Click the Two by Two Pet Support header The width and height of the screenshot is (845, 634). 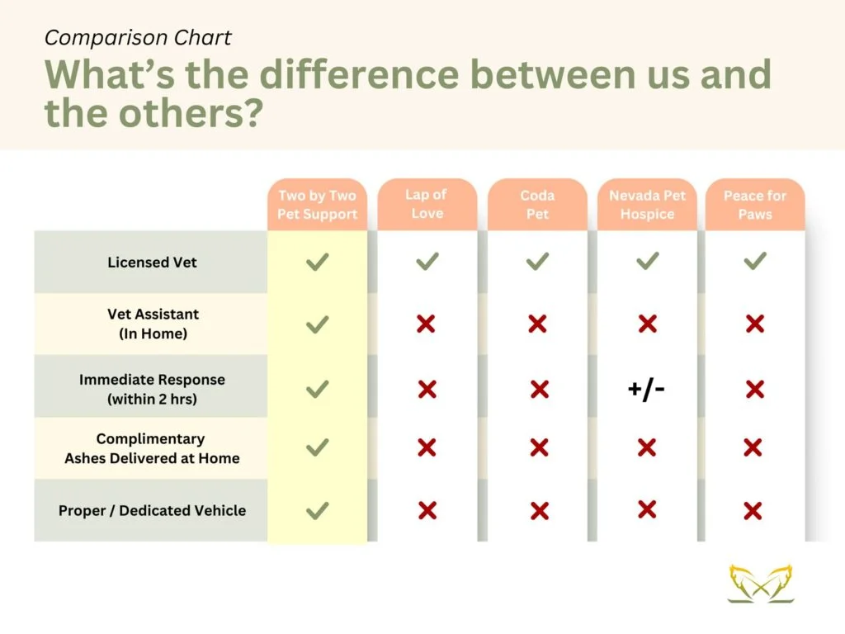pos(318,205)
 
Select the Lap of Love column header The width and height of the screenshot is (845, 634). pos(427,204)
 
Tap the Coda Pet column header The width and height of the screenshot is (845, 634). pos(537,205)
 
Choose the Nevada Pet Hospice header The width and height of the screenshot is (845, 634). pos(647,205)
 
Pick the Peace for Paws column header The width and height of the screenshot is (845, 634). pos(755,205)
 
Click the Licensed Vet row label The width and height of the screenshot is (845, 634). pos(152,263)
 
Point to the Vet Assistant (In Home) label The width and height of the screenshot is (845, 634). pos(153,324)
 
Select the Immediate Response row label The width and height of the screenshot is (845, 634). pos(152,390)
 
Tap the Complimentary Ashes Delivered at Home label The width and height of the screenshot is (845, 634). pos(152,448)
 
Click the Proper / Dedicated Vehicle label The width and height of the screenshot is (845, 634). pos(152,510)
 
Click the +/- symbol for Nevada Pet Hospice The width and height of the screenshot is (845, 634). pos(646,389)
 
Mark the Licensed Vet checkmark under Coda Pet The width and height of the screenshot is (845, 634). pos(537,262)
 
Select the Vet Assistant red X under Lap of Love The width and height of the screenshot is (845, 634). pos(426,324)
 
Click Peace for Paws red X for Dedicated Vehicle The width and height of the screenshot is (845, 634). pos(753,510)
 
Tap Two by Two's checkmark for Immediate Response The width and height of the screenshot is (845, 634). pos(318,390)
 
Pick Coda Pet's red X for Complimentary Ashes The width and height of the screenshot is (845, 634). pos(539,447)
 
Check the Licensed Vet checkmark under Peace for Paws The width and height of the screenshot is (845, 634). pos(755,262)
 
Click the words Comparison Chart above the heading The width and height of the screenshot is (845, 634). pos(138,38)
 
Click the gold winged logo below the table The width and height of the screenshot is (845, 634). pos(761,583)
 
